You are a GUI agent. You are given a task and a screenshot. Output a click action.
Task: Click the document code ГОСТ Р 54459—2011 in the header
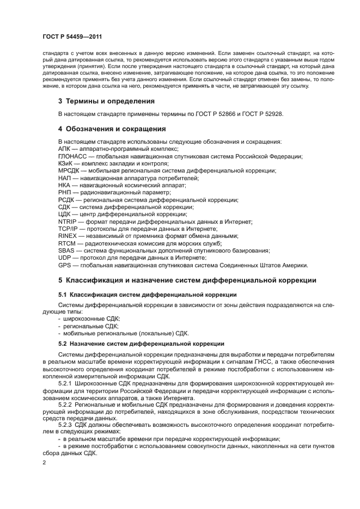[x=74, y=36]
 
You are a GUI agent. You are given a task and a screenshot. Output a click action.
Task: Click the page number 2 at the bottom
[x=45, y=462]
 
